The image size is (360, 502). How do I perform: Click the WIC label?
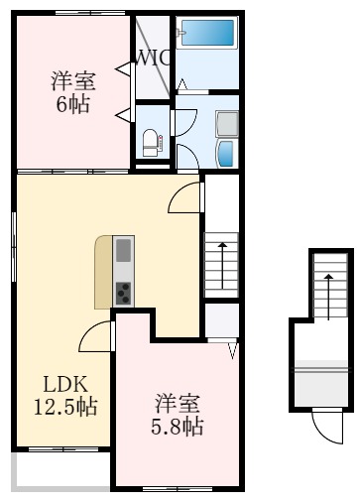(x=155, y=58)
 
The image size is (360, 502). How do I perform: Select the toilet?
(x=149, y=141)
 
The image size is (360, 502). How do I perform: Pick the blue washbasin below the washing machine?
(x=224, y=153)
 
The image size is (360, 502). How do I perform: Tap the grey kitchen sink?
(x=124, y=252)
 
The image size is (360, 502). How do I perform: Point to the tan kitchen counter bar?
(x=103, y=273)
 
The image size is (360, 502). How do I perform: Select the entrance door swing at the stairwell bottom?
(x=325, y=426)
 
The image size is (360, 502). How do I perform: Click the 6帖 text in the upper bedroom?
(x=70, y=103)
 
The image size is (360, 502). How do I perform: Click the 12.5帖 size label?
(x=60, y=406)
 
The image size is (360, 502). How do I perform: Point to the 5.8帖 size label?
(x=179, y=427)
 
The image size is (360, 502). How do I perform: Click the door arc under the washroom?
(x=186, y=198)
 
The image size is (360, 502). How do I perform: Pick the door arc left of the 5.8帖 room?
(x=98, y=338)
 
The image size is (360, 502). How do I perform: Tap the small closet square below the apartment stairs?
(x=221, y=320)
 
